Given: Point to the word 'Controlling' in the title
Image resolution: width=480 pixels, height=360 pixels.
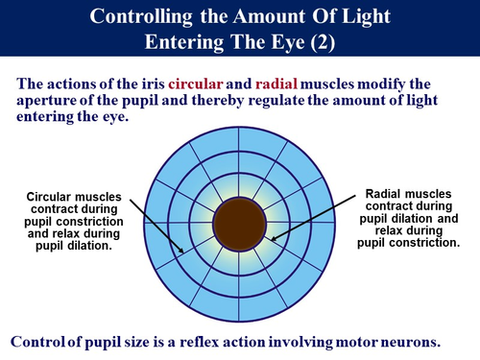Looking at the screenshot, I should (143, 16).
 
